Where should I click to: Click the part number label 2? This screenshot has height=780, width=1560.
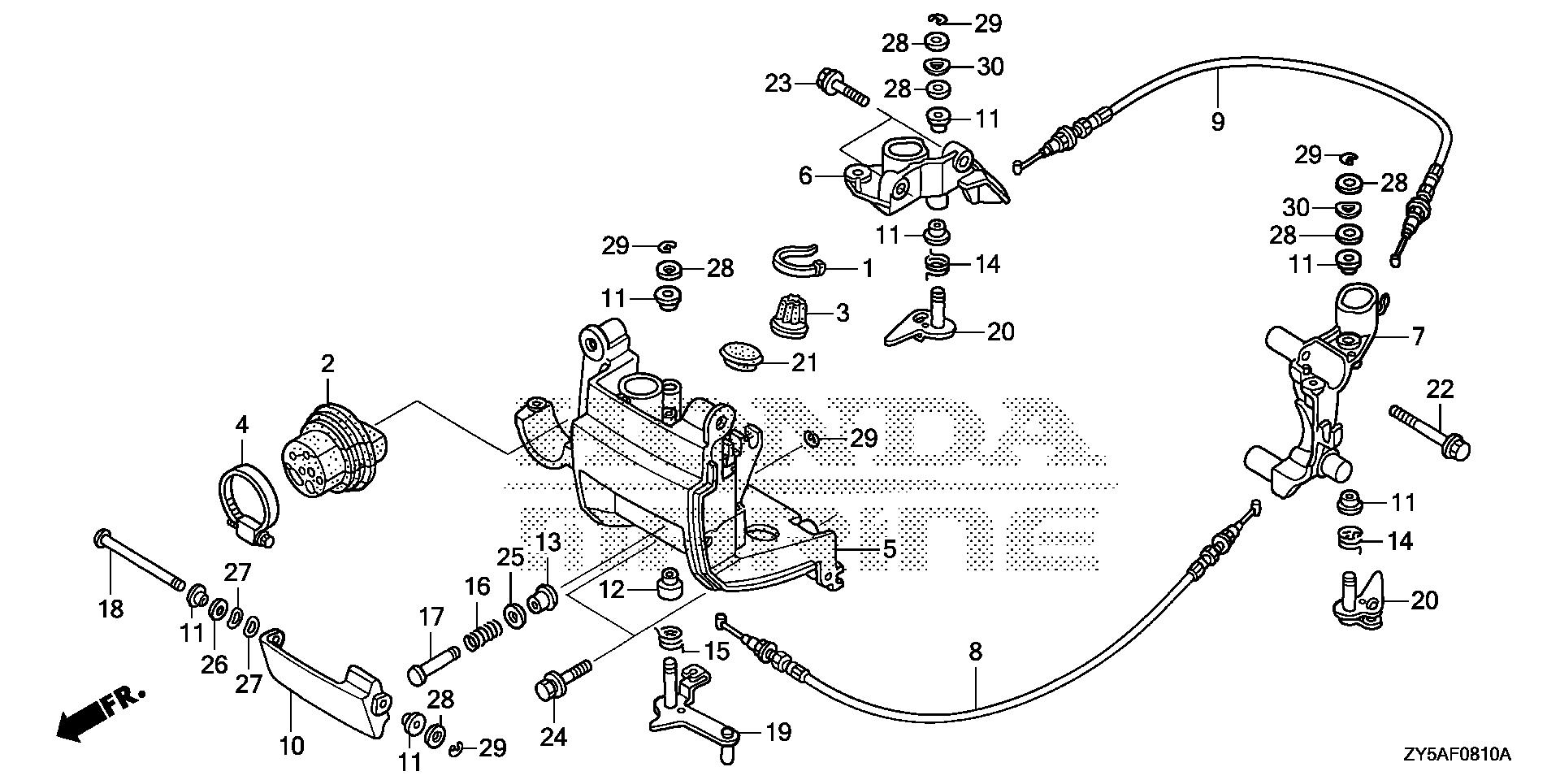[x=327, y=363]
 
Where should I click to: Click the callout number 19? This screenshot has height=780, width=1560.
[x=778, y=733]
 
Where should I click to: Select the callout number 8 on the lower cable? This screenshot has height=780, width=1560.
[x=975, y=651]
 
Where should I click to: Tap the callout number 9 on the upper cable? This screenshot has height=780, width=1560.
[x=1217, y=122]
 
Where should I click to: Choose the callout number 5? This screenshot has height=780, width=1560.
[x=889, y=549]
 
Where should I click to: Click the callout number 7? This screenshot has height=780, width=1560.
[x=1417, y=336]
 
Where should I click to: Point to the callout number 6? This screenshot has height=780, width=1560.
[x=805, y=175]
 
